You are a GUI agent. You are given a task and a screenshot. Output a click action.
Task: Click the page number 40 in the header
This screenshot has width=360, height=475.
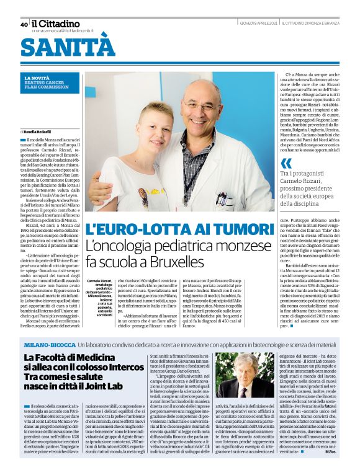pos(24,24)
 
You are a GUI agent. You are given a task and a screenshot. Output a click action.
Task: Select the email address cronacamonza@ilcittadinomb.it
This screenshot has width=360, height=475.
pos(66,30)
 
